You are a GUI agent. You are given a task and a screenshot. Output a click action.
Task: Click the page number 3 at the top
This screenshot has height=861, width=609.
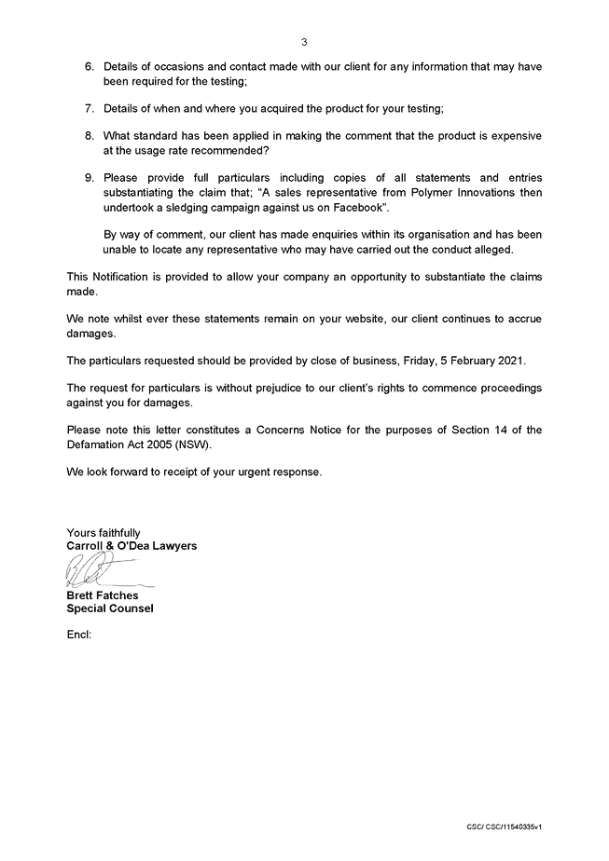(x=304, y=42)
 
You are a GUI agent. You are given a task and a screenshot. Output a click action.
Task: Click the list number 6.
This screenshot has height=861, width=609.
(x=90, y=68)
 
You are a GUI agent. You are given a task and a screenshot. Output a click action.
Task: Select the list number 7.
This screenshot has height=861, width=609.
(x=90, y=109)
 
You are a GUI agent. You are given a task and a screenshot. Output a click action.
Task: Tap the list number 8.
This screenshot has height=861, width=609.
(x=90, y=136)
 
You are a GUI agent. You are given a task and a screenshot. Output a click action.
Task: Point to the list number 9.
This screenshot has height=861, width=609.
(x=90, y=177)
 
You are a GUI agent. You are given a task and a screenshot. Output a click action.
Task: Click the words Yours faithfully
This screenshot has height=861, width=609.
(x=104, y=533)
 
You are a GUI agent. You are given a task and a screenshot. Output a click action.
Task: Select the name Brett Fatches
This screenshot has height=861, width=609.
(x=104, y=595)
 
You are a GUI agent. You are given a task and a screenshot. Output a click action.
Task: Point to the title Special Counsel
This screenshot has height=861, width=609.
(x=110, y=608)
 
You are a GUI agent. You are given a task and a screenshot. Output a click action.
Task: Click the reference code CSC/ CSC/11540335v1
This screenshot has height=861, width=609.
(x=505, y=827)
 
